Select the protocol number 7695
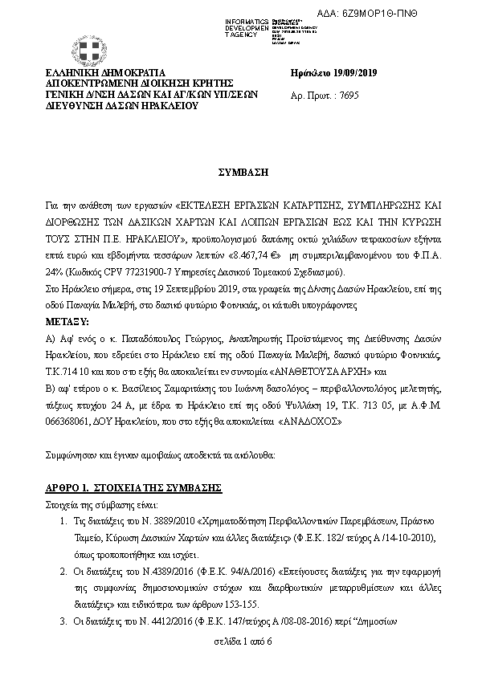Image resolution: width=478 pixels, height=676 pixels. coord(341,95)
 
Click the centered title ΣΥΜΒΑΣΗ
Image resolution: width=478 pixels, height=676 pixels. coord(239,173)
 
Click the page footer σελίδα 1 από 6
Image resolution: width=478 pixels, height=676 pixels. coord(239,643)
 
